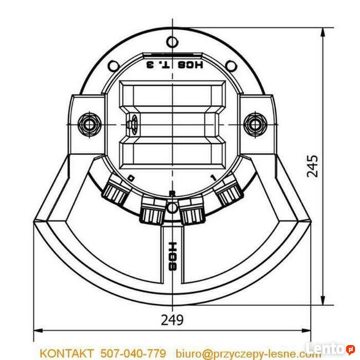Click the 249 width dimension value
(x=172, y=320)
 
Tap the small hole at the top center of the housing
(x=173, y=41)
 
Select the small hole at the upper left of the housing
(x=114, y=66)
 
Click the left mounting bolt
(x=88, y=123)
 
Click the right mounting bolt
(x=254, y=124)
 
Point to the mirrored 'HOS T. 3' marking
(x=172, y=65)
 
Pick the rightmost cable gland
(x=228, y=194)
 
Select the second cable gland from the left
(x=152, y=211)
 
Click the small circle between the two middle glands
(x=172, y=207)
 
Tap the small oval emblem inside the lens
(x=133, y=124)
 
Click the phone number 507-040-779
(x=133, y=353)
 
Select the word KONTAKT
(x=66, y=353)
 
